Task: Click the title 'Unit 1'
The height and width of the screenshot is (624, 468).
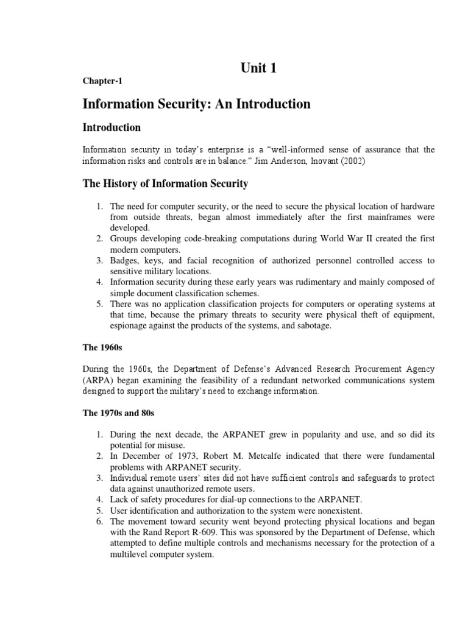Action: (258, 68)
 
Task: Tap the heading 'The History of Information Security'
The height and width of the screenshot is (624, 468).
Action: (165, 183)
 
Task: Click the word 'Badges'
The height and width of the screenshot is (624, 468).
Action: (125, 260)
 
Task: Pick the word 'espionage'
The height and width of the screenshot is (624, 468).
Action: (129, 326)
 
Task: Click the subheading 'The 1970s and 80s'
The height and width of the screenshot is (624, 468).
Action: (119, 413)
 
